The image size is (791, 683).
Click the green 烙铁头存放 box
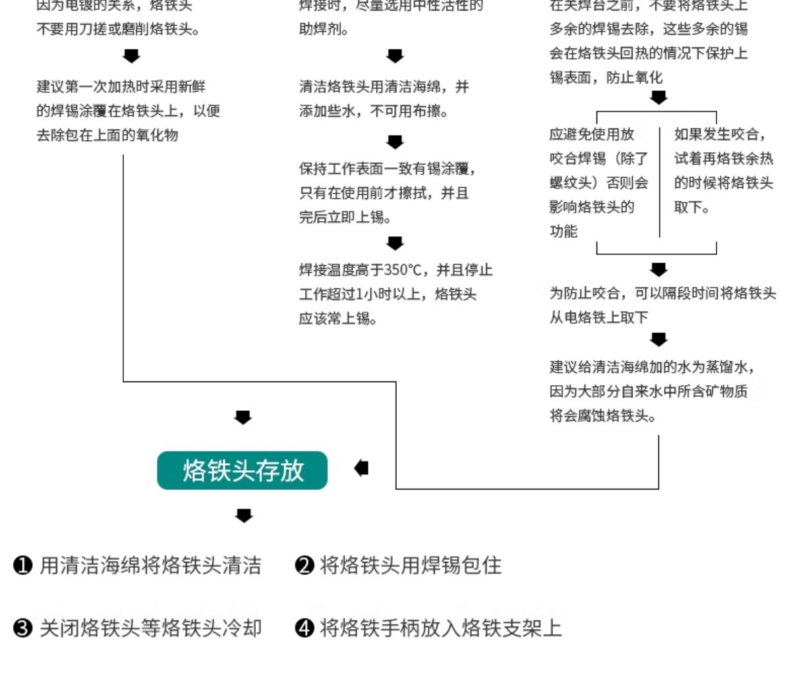[242, 470]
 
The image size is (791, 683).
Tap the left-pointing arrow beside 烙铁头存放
[361, 468]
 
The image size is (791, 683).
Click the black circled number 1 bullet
[23, 565]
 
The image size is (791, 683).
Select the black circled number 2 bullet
[304, 565]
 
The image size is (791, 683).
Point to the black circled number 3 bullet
[23, 628]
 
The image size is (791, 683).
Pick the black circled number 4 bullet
[304, 628]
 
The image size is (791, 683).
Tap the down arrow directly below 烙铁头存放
[244, 515]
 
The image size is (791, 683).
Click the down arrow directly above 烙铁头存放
[243, 417]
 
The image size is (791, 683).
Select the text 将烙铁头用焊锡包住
[410, 565]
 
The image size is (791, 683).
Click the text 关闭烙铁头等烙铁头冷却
[150, 628]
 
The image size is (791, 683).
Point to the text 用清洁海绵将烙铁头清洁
[150, 565]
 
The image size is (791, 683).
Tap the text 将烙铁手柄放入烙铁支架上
[440, 628]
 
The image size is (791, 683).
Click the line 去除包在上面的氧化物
[107, 135]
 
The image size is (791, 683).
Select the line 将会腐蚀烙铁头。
[603, 416]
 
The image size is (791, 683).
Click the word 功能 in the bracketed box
[564, 231]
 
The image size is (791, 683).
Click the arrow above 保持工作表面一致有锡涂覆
[395, 142]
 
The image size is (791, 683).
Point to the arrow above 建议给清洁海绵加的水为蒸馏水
[659, 339]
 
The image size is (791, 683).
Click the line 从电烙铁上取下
[599, 317]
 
